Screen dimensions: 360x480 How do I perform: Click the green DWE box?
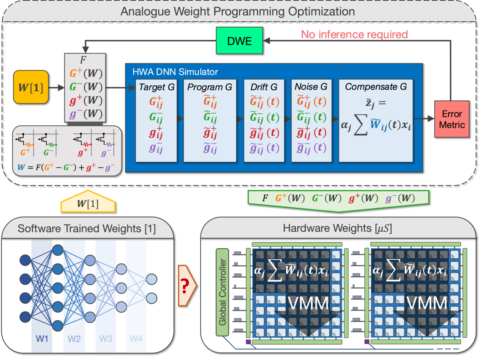click(239, 40)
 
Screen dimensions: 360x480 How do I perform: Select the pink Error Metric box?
click(451, 119)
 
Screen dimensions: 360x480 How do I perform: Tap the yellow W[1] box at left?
click(31, 87)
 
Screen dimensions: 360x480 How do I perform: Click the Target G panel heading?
click(156, 87)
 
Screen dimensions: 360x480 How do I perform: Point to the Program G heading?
click(210, 87)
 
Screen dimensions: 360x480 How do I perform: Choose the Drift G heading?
click(264, 87)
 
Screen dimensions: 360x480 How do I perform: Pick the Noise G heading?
click(311, 87)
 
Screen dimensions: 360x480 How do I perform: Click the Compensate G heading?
click(376, 87)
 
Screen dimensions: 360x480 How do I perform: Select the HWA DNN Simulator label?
click(175, 72)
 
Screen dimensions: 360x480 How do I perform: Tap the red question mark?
click(184, 286)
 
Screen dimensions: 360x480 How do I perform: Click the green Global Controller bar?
click(222, 292)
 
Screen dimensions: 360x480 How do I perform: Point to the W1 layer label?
click(42, 339)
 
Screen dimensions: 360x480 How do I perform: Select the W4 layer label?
click(136, 339)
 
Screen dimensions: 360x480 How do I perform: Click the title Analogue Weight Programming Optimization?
click(237, 12)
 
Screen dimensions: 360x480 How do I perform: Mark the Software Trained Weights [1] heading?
click(87, 228)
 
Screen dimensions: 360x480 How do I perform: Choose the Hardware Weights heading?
click(337, 228)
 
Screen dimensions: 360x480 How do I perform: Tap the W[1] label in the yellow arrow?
click(88, 204)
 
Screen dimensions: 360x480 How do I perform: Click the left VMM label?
click(308, 303)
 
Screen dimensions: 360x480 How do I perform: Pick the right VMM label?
click(427, 303)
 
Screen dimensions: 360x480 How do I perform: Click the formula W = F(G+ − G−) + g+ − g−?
click(66, 167)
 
